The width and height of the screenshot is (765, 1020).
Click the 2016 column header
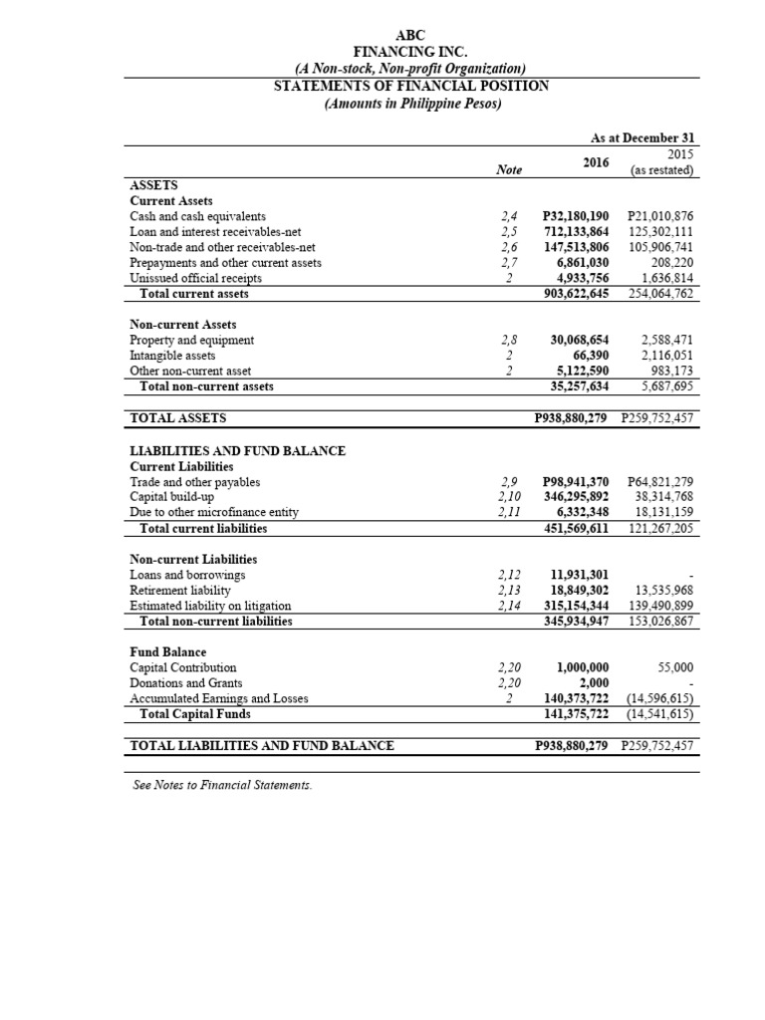point(596,161)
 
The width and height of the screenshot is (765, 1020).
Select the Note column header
point(508,170)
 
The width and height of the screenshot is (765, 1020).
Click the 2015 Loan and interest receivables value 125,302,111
point(661,232)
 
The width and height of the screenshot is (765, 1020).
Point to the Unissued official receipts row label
point(195,279)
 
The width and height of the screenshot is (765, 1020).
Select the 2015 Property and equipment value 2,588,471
point(668,340)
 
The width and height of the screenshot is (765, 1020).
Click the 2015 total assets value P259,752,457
point(656,418)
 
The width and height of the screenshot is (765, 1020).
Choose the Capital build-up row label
point(172,497)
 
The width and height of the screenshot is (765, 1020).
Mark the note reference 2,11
point(508,512)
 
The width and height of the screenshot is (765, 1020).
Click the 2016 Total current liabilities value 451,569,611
point(579,528)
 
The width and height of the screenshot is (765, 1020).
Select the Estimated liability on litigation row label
point(210,605)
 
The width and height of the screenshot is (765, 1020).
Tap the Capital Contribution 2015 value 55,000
point(675,667)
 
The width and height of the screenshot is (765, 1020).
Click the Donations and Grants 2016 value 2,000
point(594,682)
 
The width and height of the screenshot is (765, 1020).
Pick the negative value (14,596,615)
point(658,698)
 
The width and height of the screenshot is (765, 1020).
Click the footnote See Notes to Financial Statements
point(222,785)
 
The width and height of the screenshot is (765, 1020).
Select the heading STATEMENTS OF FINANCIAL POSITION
point(410,86)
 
